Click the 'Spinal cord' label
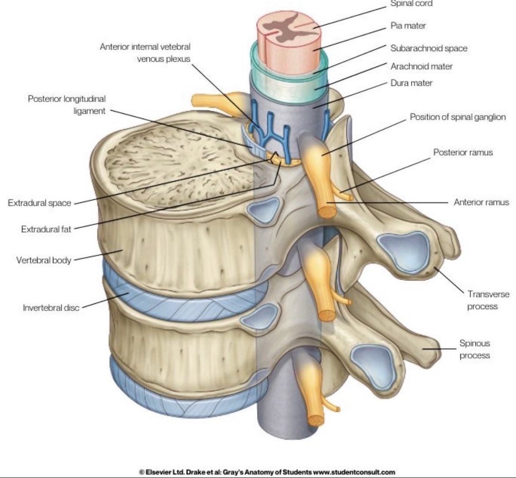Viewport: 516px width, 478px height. [411, 4]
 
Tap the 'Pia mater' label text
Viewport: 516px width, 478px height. [408, 26]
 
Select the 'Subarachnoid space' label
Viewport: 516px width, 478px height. [429, 48]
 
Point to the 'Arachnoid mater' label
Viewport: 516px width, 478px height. [421, 66]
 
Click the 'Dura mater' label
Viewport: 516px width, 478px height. [411, 83]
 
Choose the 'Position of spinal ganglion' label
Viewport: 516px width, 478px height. [457, 117]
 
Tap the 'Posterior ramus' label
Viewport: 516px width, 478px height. [463, 152]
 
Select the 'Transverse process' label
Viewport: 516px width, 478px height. [488, 300]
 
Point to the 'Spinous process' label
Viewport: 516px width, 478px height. [475, 349]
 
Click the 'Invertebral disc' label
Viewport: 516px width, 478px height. [51, 307]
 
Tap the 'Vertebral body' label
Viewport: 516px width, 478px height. [44, 260]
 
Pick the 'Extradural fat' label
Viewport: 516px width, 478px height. [46, 229]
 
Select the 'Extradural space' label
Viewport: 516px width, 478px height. [39, 203]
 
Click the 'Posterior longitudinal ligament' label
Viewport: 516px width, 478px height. [67, 105]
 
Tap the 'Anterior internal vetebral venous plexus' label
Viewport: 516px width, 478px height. [145, 52]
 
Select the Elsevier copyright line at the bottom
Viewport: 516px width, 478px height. [267, 472]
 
